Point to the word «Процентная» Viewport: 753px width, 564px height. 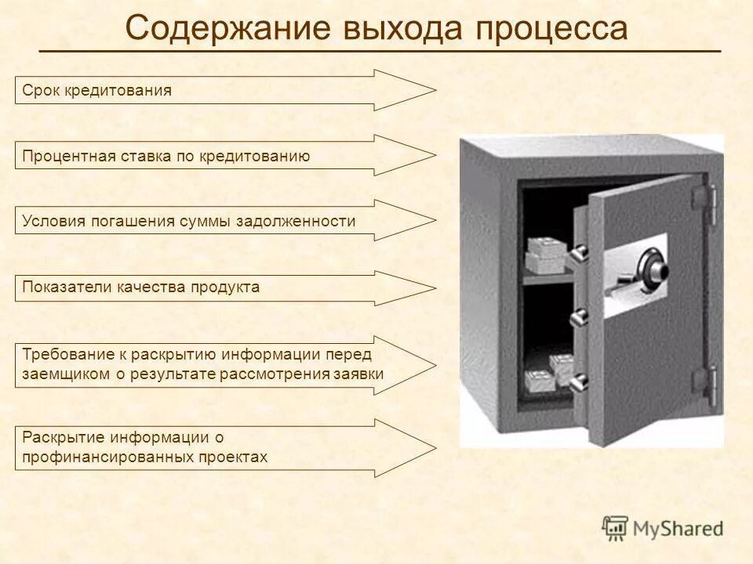[x=68, y=156]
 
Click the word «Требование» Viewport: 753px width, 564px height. [x=68, y=355]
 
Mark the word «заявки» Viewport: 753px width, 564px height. [x=360, y=374]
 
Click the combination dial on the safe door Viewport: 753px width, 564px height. [x=654, y=266]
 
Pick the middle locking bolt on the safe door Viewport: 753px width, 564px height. [x=579, y=318]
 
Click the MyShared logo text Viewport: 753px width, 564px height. [x=677, y=528]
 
